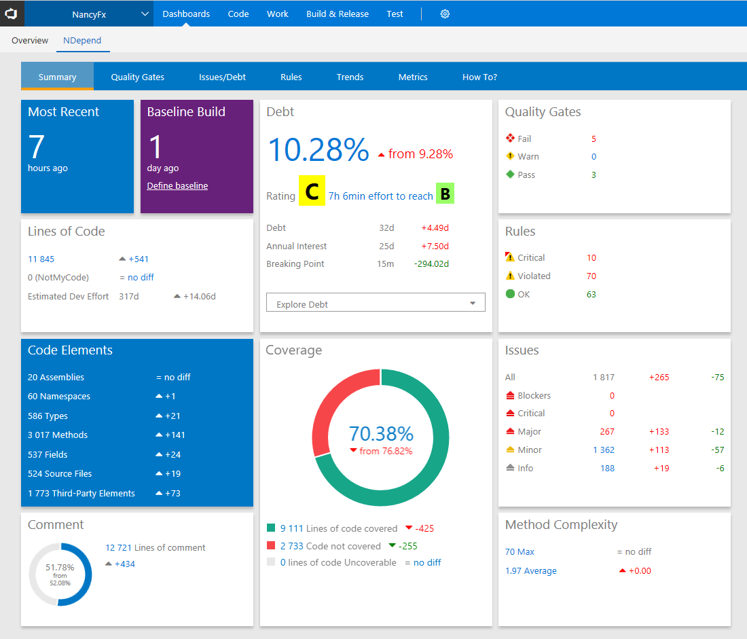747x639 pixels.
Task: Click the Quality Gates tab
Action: point(137,77)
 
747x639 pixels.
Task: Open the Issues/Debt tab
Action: point(222,77)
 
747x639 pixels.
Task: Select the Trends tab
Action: point(350,77)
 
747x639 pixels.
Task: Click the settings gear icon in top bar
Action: point(445,14)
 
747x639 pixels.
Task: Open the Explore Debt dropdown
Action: point(376,304)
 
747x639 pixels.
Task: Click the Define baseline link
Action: point(177,185)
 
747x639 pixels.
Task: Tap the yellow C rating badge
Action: point(312,192)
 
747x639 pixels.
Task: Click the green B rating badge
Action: point(445,194)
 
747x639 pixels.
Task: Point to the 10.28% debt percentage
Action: point(318,149)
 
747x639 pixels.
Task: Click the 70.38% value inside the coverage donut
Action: point(381,433)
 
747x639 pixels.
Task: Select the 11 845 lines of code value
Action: point(41,259)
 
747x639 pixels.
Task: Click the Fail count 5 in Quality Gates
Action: point(594,139)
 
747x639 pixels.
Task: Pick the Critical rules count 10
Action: point(591,257)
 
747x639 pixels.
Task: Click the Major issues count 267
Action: point(606,431)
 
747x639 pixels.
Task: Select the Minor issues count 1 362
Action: point(603,450)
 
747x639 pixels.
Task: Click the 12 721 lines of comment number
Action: point(118,547)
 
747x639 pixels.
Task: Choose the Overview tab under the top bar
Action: point(30,40)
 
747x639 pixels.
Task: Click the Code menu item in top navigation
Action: point(238,14)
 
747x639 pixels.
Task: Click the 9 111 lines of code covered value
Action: point(291,528)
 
